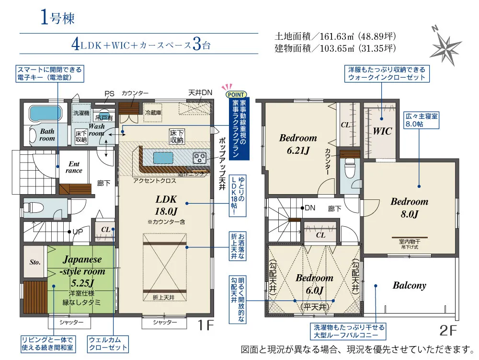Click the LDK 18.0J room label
click(166, 205)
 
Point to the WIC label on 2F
click(382, 131)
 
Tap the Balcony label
click(409, 285)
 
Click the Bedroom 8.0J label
click(409, 207)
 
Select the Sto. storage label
click(34, 262)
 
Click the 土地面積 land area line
click(335, 36)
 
